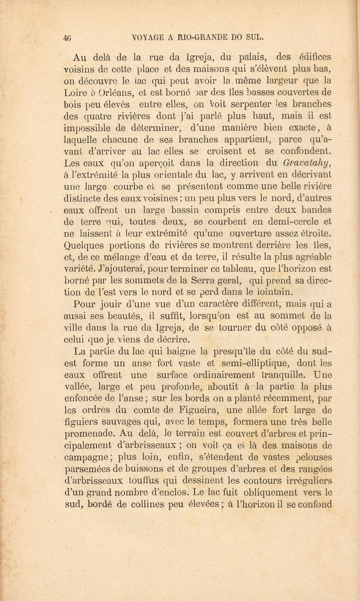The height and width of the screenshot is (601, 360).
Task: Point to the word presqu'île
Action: (234, 352)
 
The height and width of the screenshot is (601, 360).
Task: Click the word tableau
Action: (223, 269)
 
